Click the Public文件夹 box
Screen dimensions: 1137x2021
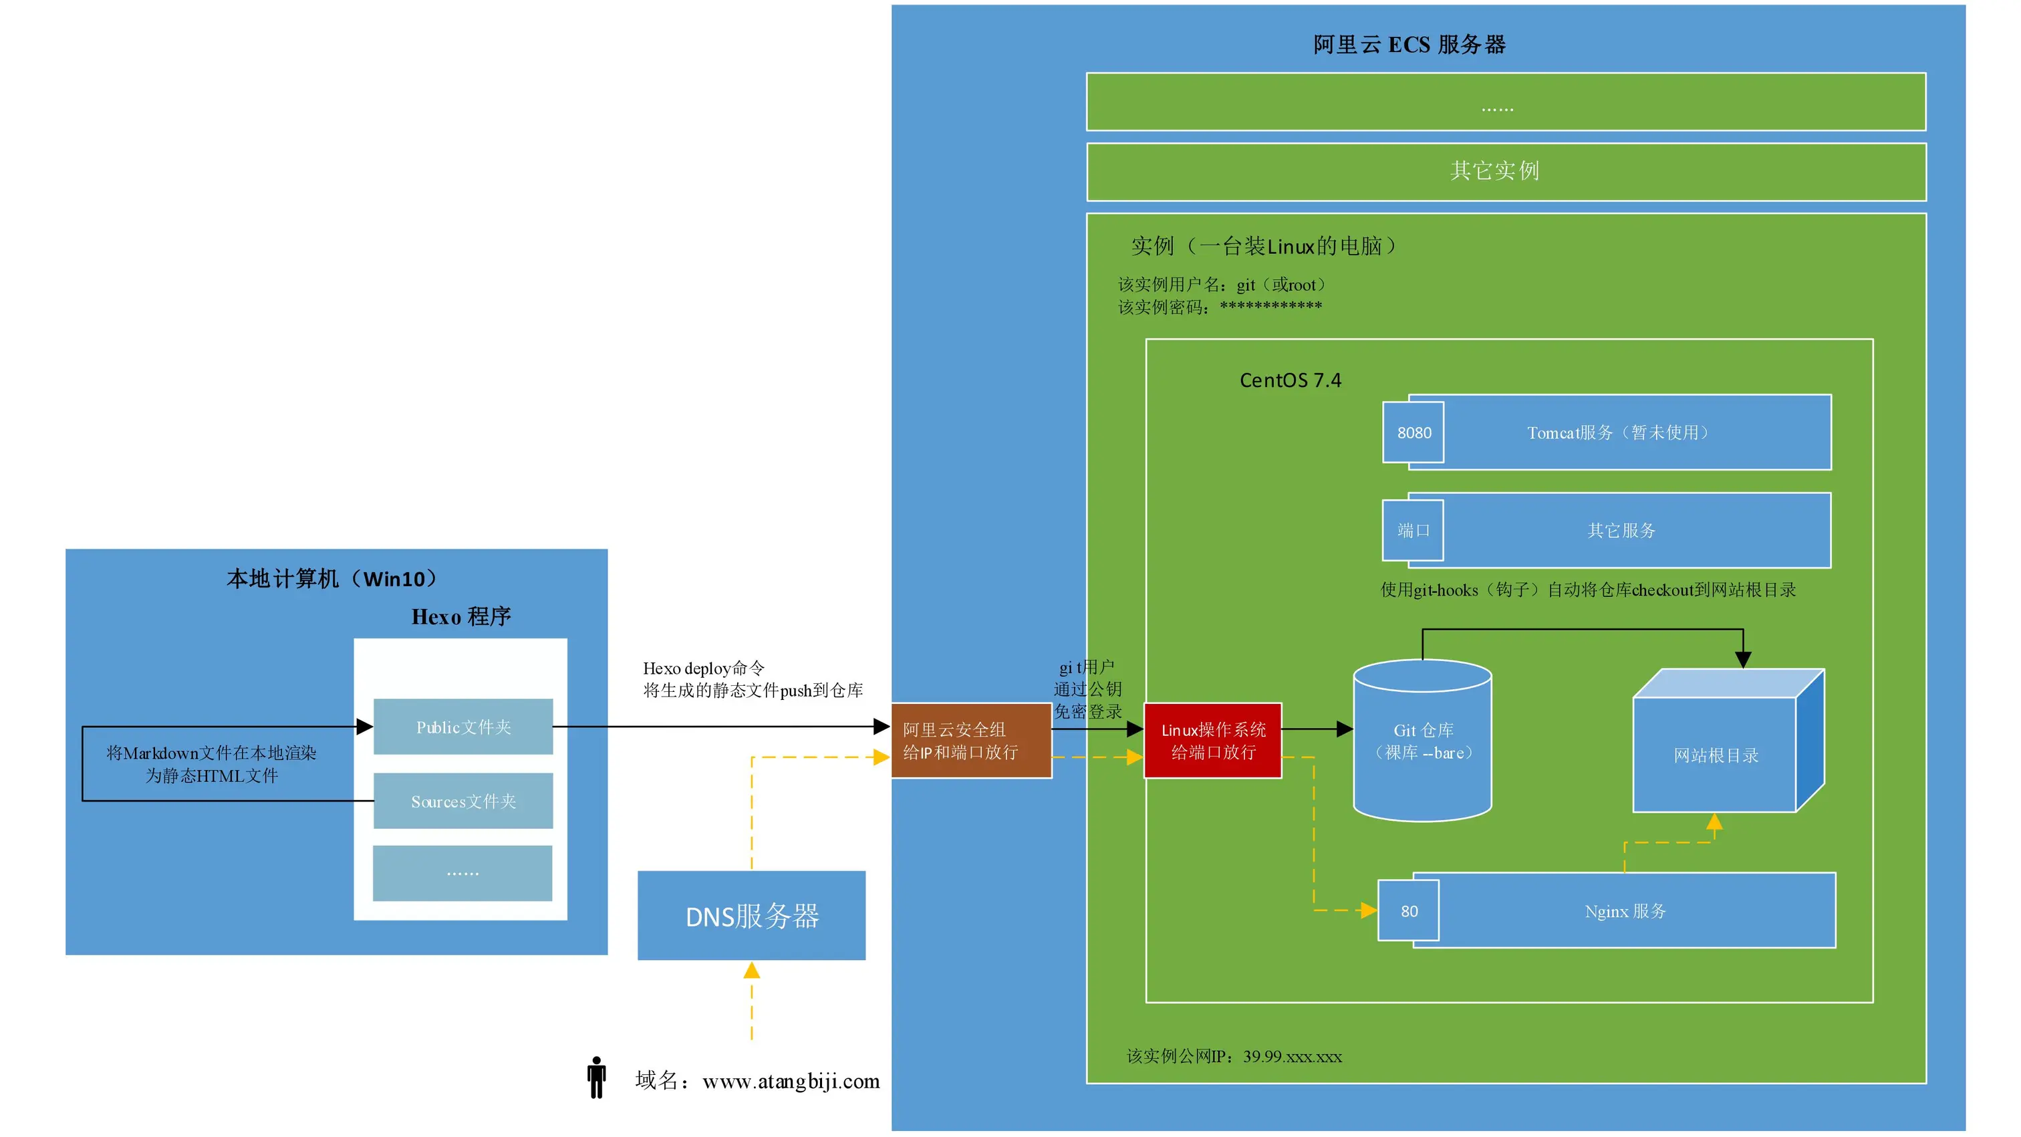pos(463,727)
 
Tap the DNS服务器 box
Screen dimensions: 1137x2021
pos(752,916)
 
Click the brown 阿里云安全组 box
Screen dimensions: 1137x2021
pos(970,741)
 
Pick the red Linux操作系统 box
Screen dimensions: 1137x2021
pos(1213,741)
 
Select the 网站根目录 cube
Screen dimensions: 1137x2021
pos(1715,755)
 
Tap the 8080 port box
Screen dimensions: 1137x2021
pos(1413,432)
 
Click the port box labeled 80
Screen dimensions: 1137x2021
pos(1409,911)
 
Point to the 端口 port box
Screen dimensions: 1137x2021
pos(1413,531)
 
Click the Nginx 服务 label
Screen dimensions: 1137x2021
pos(1625,911)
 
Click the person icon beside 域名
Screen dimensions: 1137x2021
pos(596,1078)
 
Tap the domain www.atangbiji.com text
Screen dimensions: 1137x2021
pos(791,1082)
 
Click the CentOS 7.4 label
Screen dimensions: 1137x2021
pos(1290,380)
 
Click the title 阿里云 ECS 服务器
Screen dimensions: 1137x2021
pos(1409,45)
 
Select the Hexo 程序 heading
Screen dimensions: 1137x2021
pos(461,617)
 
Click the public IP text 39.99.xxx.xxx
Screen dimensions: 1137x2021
pos(1292,1057)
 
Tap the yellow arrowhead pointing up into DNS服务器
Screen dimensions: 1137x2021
pos(752,971)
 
